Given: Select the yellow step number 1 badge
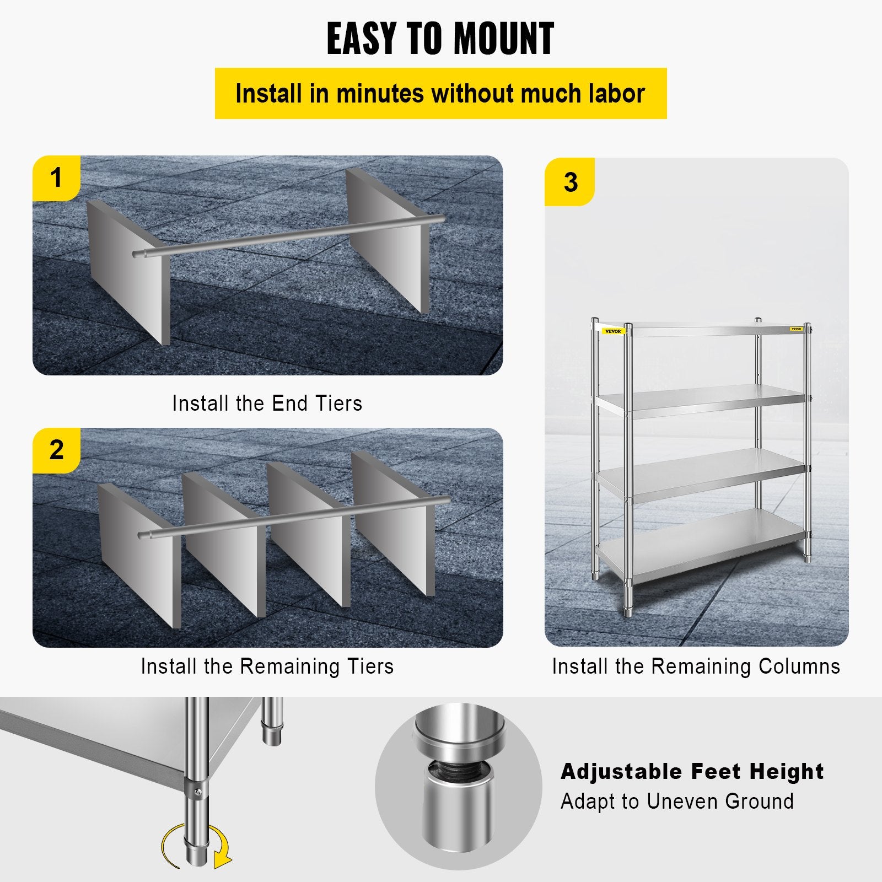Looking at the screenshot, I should (56, 179).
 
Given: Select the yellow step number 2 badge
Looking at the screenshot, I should (56, 450).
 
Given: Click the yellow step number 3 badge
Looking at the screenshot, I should (570, 182).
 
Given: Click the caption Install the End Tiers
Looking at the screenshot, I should (267, 403).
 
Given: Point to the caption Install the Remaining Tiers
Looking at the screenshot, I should (267, 666).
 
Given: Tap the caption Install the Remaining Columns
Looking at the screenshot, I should (696, 666).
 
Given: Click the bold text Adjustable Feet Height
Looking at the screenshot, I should (692, 771).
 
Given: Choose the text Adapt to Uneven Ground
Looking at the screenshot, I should (677, 801).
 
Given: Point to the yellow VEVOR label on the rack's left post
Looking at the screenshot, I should (612, 331).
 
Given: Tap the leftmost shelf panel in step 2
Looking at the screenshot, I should (139, 557).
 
